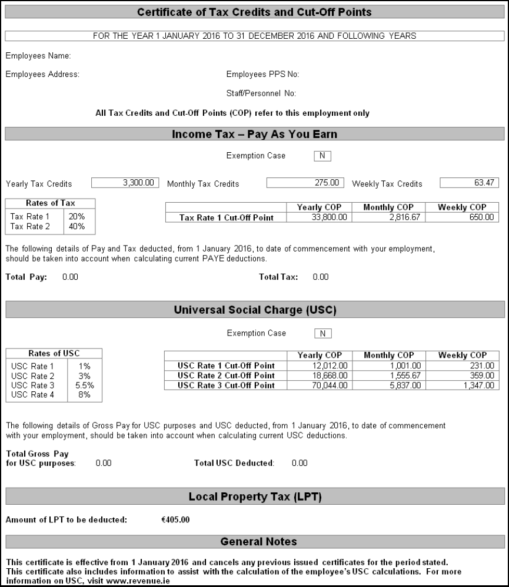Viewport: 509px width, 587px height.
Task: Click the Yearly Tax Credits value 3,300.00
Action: click(x=125, y=183)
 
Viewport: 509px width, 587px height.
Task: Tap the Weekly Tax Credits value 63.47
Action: click(x=469, y=183)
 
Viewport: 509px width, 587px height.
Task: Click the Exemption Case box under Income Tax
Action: click(x=322, y=156)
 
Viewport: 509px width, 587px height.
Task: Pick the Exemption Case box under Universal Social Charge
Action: click(x=322, y=334)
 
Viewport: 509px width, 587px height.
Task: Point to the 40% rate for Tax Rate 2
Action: click(x=77, y=226)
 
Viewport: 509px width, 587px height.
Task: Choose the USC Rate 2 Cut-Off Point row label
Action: click(x=226, y=375)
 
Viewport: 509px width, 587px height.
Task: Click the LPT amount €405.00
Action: click(x=175, y=519)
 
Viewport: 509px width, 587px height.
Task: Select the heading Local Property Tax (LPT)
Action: click(x=255, y=497)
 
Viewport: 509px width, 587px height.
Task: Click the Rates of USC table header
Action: click(x=54, y=353)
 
